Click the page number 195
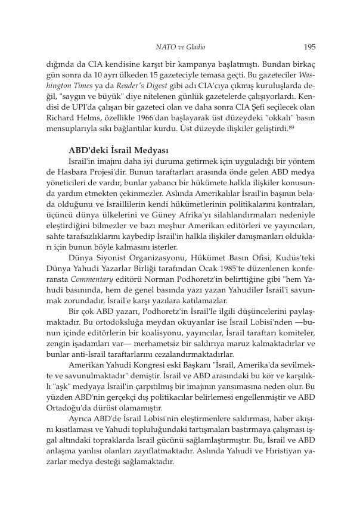(309, 46)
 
